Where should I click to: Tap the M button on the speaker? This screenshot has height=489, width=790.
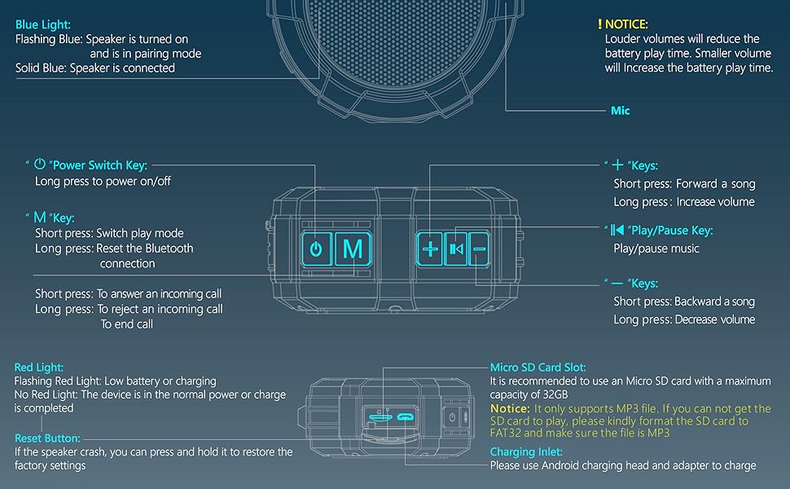click(x=353, y=249)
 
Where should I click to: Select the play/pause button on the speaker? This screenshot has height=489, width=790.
click(x=455, y=249)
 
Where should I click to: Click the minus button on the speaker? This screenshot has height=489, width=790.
click(x=479, y=249)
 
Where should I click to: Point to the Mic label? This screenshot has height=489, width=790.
click(x=621, y=110)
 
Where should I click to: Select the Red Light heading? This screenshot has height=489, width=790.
click(x=38, y=368)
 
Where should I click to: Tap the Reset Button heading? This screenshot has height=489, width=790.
click(x=47, y=438)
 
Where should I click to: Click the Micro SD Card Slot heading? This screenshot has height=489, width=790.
click(x=538, y=368)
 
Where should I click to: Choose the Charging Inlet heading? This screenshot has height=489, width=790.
click(x=524, y=452)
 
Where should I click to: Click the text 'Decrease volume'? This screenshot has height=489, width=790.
click(x=715, y=319)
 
